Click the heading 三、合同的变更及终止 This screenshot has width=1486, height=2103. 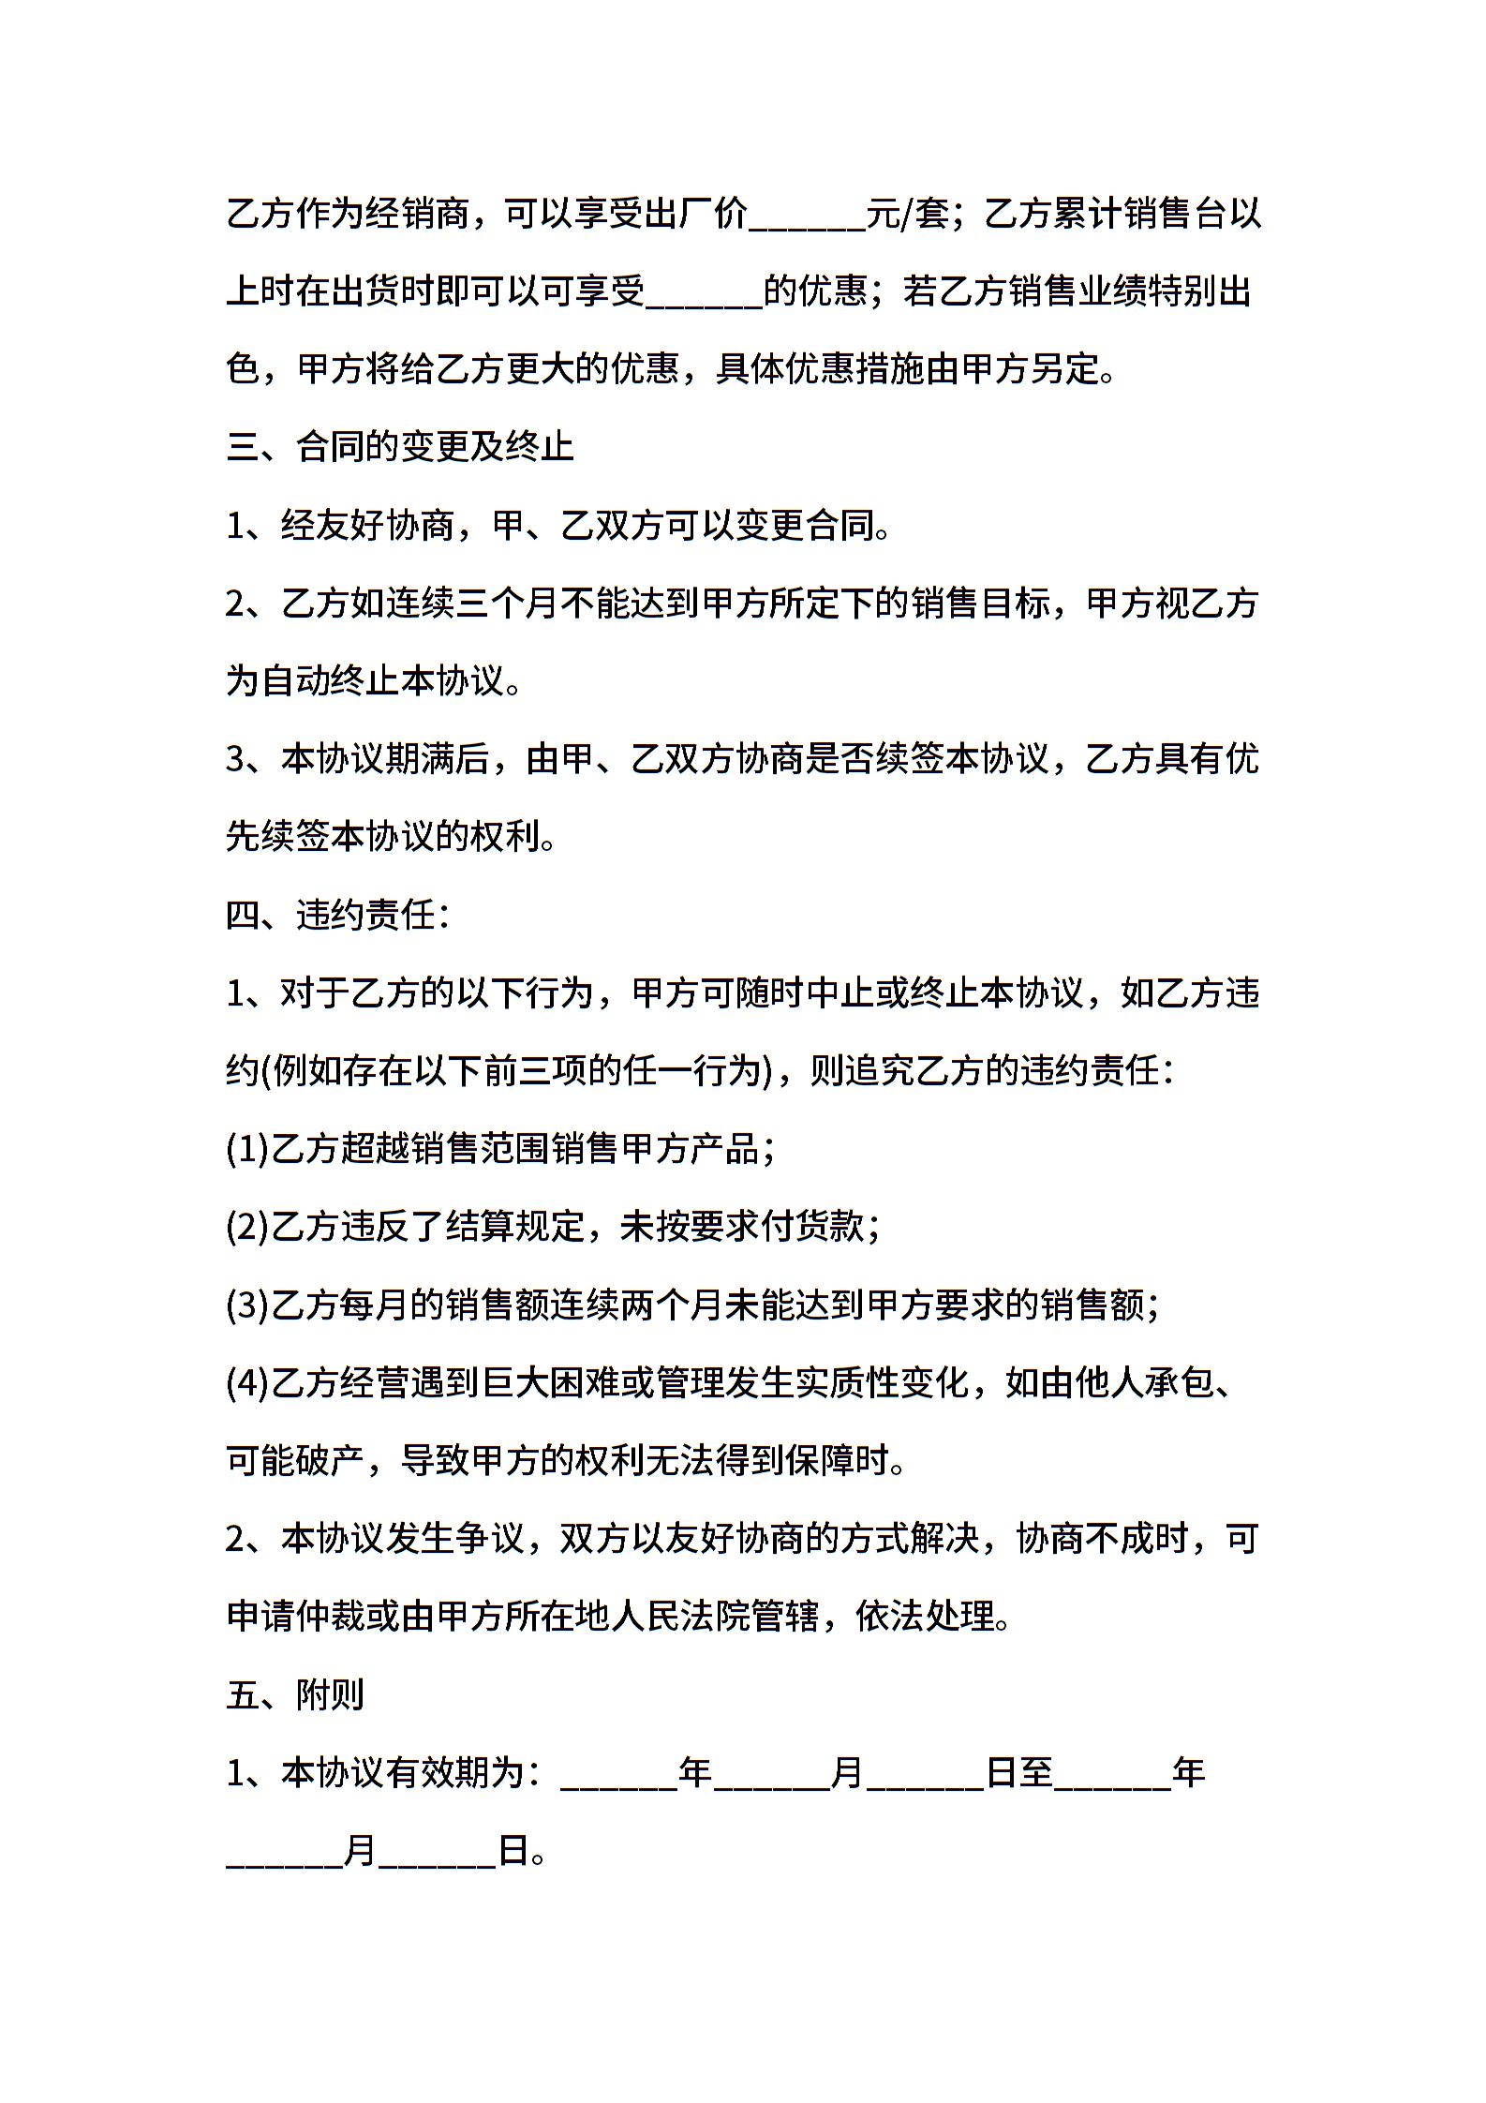400,447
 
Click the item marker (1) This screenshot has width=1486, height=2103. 247,1149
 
